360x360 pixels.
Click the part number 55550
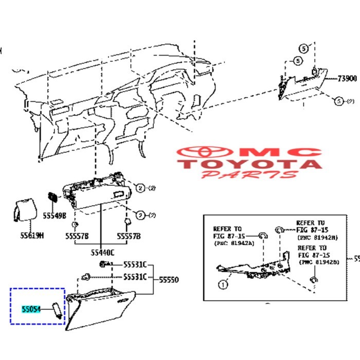tap(169, 280)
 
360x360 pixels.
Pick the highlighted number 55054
tap(31, 310)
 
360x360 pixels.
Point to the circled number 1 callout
tap(222, 283)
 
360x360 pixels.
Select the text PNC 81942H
tap(317, 238)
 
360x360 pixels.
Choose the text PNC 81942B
tap(317, 262)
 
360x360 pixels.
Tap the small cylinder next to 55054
tap(57, 310)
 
